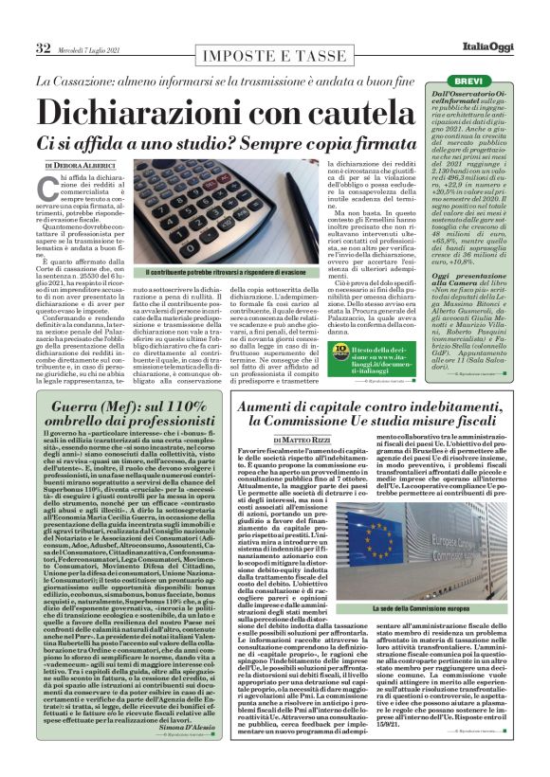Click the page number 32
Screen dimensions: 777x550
[44, 48]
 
